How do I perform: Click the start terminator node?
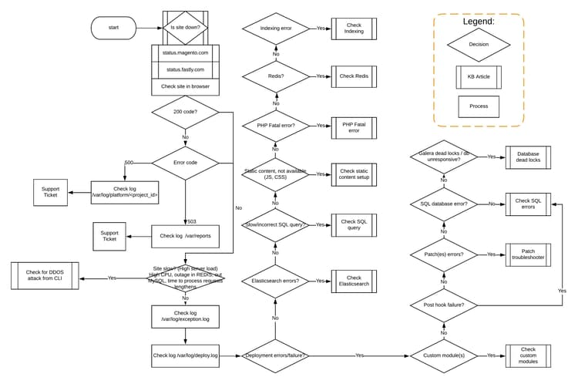(x=113, y=28)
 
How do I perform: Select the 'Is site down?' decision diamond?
(x=185, y=28)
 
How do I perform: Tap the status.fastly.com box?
(x=185, y=69)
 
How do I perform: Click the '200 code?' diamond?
(x=185, y=113)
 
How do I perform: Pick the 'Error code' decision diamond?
(x=185, y=163)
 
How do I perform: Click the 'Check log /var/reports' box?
(x=185, y=236)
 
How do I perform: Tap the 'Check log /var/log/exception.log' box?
(x=185, y=315)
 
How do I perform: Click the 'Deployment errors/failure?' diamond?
(x=275, y=355)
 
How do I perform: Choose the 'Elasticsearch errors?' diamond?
(x=275, y=281)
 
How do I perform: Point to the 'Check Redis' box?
(x=354, y=76)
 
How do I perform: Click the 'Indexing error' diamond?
(x=275, y=28)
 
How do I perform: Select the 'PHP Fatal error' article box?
(x=354, y=126)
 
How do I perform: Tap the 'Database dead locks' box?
(x=529, y=157)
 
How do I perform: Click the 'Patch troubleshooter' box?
(x=529, y=254)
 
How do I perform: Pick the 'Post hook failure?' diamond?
(x=444, y=305)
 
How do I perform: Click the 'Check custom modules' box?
(x=529, y=355)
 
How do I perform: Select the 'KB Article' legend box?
(x=478, y=77)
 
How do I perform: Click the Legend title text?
(x=478, y=22)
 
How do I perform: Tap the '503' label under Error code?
(x=192, y=221)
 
